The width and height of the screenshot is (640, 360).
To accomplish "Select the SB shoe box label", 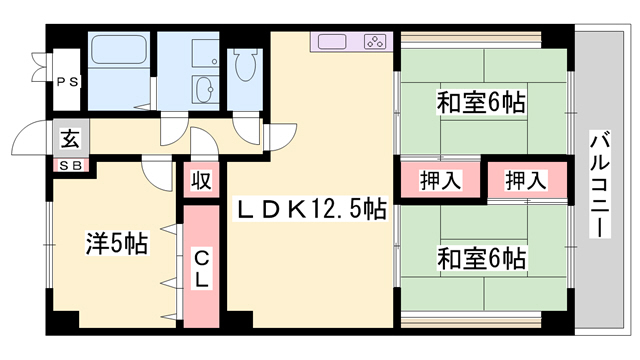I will (69, 164).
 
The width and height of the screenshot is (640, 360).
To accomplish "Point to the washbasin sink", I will (207, 89).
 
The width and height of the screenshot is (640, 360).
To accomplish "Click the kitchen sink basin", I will (332, 43).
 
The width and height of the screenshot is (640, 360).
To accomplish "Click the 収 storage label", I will (201, 181).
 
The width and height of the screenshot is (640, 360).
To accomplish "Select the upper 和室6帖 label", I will (481, 101).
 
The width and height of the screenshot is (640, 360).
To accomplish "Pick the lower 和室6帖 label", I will (481, 258).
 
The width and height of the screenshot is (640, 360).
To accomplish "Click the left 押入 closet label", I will (440, 181).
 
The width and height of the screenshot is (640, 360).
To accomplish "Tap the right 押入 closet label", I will (525, 181).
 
